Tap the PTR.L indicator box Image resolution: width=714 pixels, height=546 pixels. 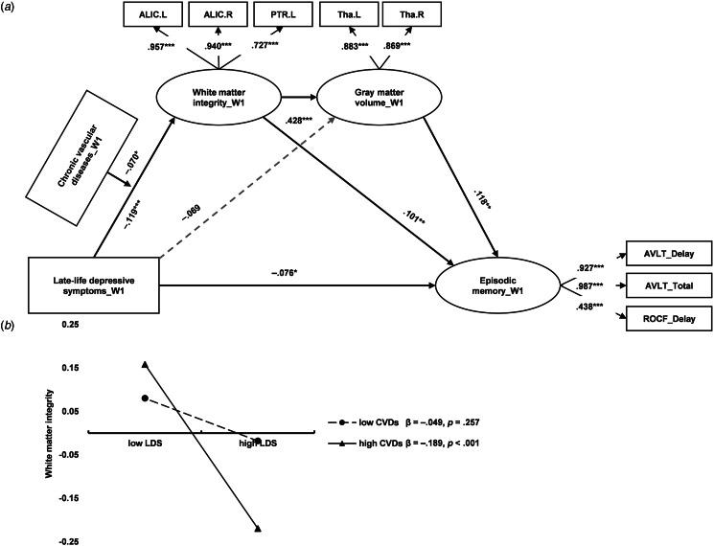pyautogui.click(x=299, y=15)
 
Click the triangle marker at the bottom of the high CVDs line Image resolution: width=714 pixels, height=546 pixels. pyautogui.click(x=259, y=527)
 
